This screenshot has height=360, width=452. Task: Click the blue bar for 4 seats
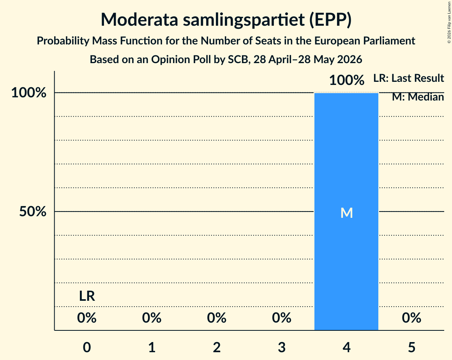346,212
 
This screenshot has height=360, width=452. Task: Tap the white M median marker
346,213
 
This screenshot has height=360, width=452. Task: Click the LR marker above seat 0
87,296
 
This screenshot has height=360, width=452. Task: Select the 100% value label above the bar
346,80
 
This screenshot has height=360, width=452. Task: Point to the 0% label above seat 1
152,318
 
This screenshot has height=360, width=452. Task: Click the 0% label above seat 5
411,318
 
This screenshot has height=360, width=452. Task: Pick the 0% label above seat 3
282,318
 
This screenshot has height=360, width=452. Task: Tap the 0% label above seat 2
217,318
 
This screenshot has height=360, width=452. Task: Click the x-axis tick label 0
87,347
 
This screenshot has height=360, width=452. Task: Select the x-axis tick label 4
346,347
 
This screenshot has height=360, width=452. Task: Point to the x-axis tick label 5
411,347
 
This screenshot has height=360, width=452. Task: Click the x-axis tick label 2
217,347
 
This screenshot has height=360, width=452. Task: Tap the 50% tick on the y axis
33,212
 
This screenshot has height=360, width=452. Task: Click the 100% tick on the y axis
29,93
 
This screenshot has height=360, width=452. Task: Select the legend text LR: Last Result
409,78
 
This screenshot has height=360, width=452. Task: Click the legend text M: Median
418,97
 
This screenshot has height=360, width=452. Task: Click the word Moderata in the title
139,19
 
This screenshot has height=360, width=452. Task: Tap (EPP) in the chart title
330,19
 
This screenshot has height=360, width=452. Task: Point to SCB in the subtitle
238,59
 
